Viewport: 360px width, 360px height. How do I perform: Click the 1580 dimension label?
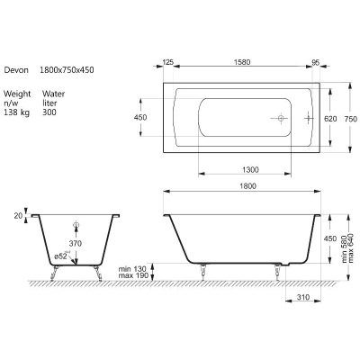(242, 62)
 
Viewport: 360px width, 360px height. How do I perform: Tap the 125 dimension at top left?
(168, 62)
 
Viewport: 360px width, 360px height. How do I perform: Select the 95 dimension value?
(315, 62)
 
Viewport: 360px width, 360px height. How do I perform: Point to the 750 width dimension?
(351, 119)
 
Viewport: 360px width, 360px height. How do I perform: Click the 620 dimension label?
(330, 119)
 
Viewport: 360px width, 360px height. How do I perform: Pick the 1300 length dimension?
(250, 170)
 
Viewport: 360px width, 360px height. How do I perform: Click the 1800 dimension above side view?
(248, 186)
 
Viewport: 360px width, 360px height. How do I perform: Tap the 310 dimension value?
(303, 297)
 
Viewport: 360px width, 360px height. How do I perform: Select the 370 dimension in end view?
(75, 244)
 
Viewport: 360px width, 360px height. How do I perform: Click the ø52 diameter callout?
(62, 256)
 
